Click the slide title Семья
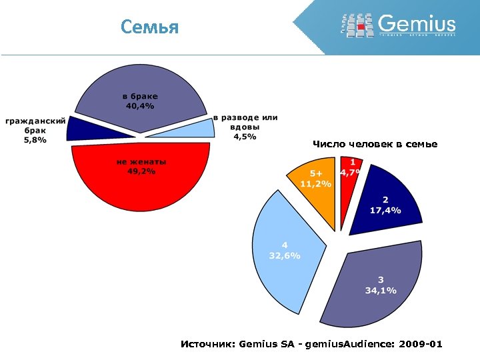click(x=150, y=27)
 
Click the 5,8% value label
click(x=35, y=140)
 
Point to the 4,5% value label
click(x=244, y=137)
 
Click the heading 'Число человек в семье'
click(x=375, y=144)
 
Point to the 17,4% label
click(x=385, y=210)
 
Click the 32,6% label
click(x=285, y=255)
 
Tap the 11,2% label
click(x=315, y=183)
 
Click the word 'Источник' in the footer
click(x=205, y=344)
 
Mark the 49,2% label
click(x=141, y=171)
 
